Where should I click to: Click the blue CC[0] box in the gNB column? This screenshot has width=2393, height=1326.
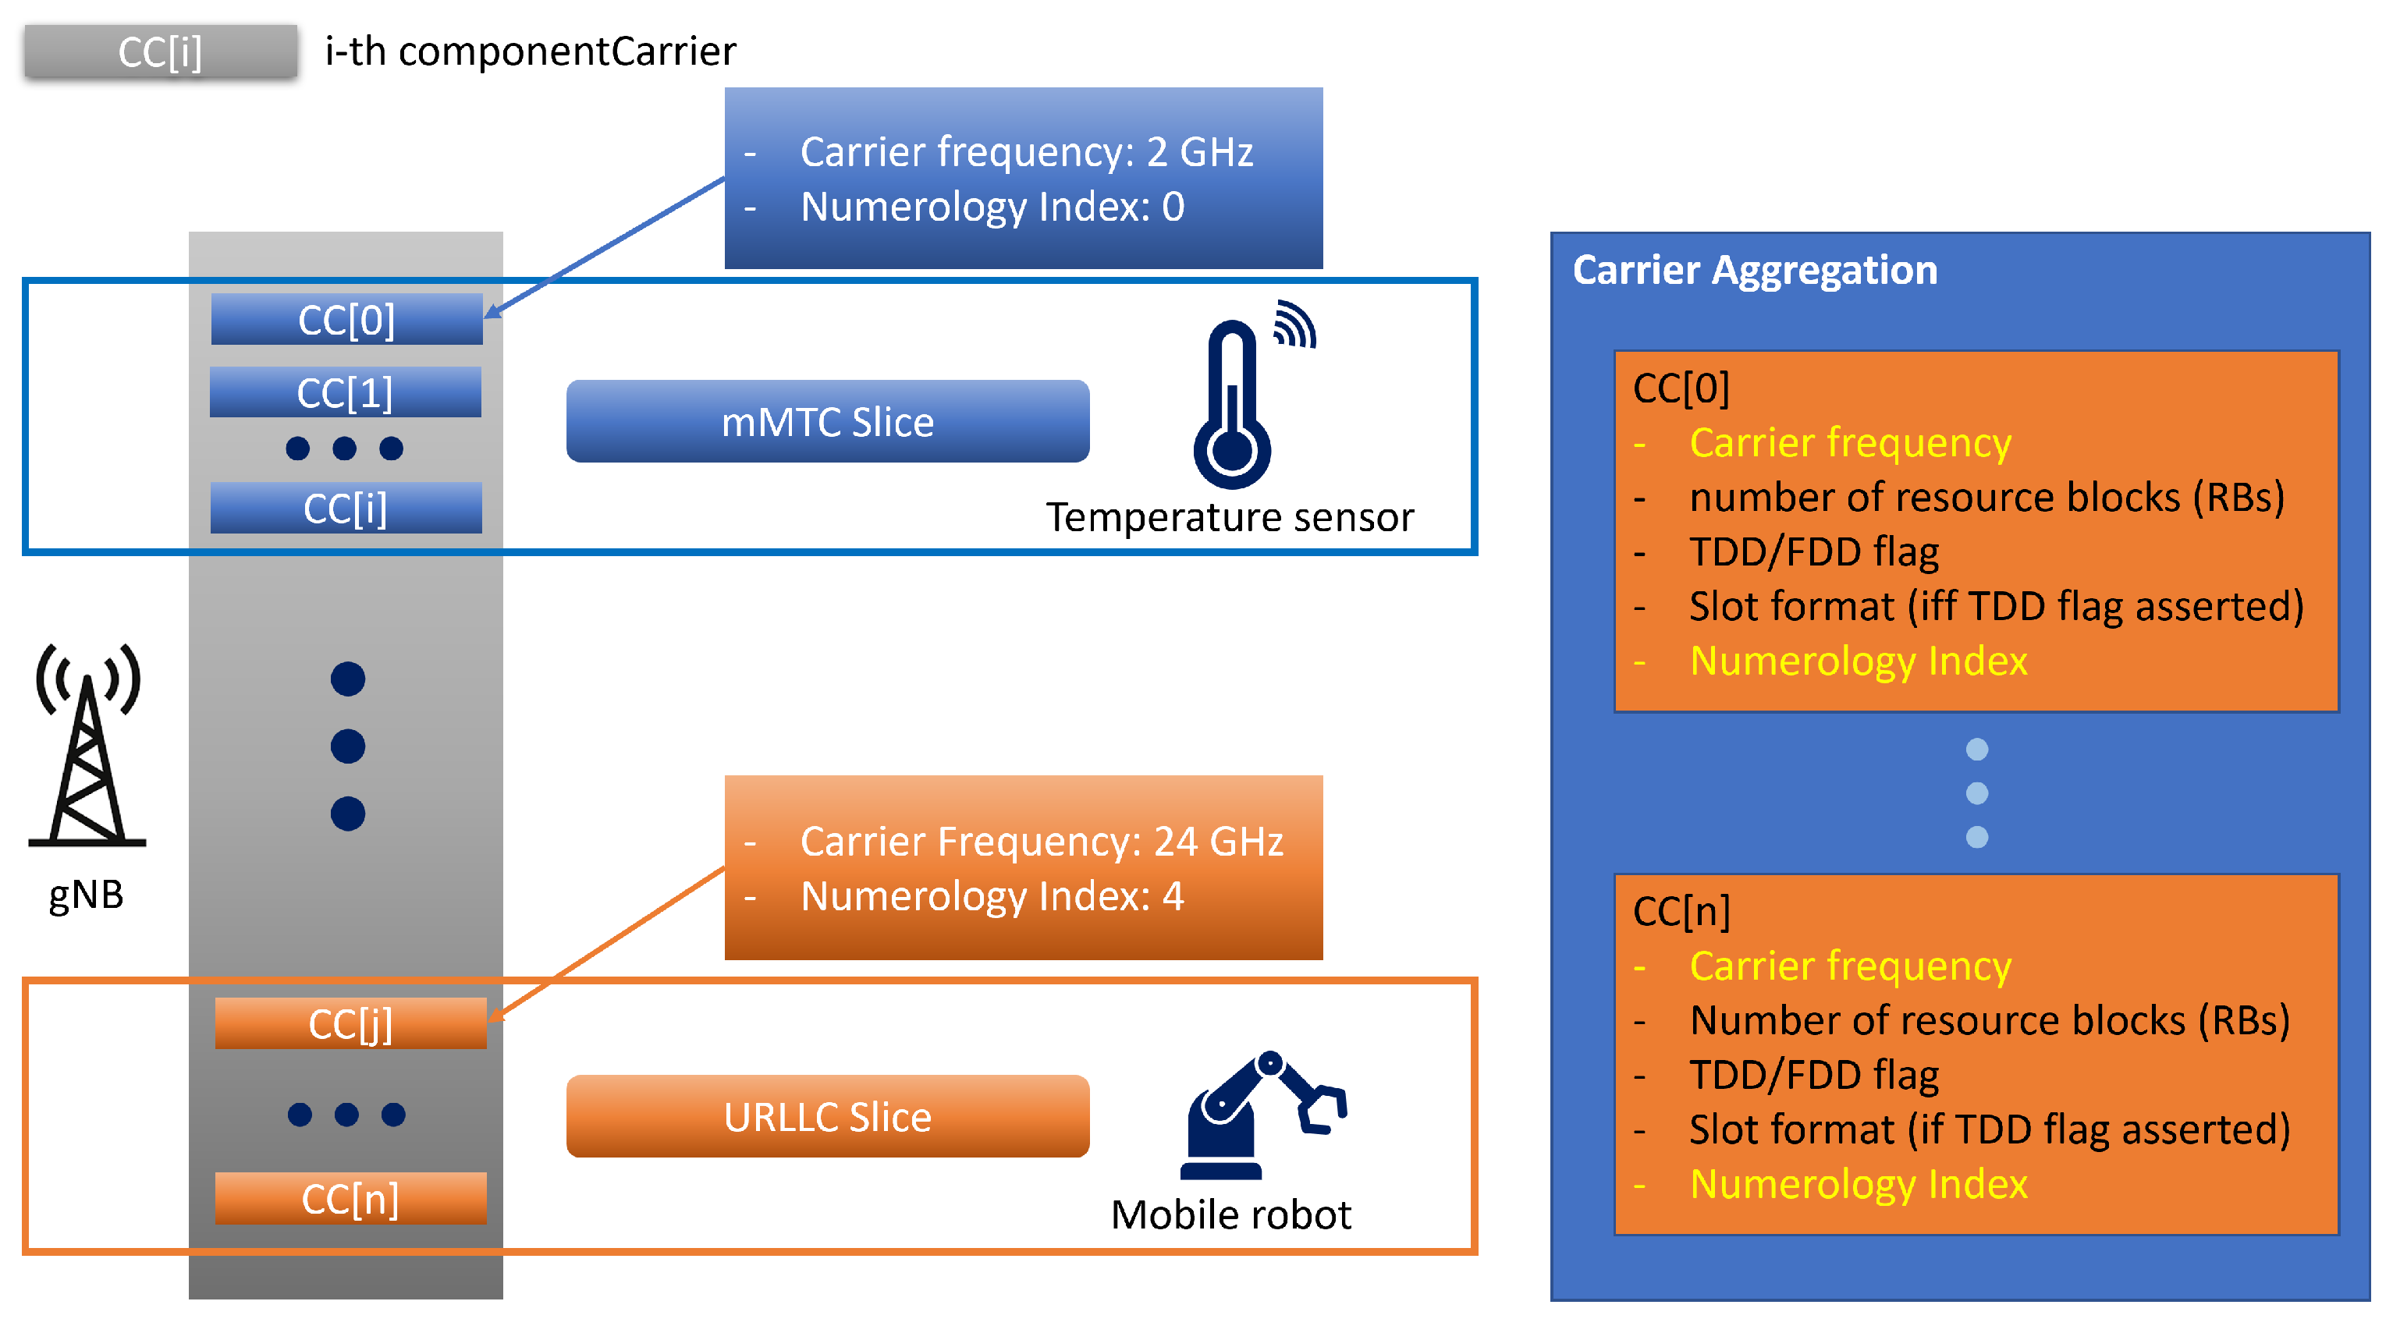click(x=346, y=320)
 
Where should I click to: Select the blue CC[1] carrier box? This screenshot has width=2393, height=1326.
click(x=346, y=392)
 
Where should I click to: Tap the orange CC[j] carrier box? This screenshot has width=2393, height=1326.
click(x=350, y=1023)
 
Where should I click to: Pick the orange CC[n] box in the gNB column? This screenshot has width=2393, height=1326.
click(x=350, y=1198)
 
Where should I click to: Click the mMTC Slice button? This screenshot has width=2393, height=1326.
click(x=828, y=420)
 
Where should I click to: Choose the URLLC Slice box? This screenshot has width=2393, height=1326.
click(x=828, y=1116)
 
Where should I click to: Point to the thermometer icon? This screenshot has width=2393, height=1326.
click(x=1232, y=404)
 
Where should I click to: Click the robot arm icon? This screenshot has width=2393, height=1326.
click(x=1263, y=1115)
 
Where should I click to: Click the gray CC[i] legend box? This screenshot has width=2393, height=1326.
click(x=161, y=51)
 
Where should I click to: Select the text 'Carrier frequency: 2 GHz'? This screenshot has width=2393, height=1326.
click(x=1027, y=151)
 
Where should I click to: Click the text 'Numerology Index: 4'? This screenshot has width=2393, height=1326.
click(x=992, y=896)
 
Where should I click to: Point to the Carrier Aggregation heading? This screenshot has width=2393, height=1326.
click(x=1755, y=270)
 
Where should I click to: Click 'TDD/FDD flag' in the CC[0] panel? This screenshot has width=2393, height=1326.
click(x=1813, y=551)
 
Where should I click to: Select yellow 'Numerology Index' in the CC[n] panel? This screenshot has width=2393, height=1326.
click(x=1858, y=1184)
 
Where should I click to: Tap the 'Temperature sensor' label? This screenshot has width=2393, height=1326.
click(x=1230, y=517)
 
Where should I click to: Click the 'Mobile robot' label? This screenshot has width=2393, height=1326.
click(x=1231, y=1214)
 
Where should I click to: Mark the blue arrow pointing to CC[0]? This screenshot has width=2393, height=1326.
click(x=604, y=248)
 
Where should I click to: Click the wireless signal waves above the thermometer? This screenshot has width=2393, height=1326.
click(x=1295, y=323)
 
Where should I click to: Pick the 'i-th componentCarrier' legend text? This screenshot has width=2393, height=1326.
click(x=531, y=51)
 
